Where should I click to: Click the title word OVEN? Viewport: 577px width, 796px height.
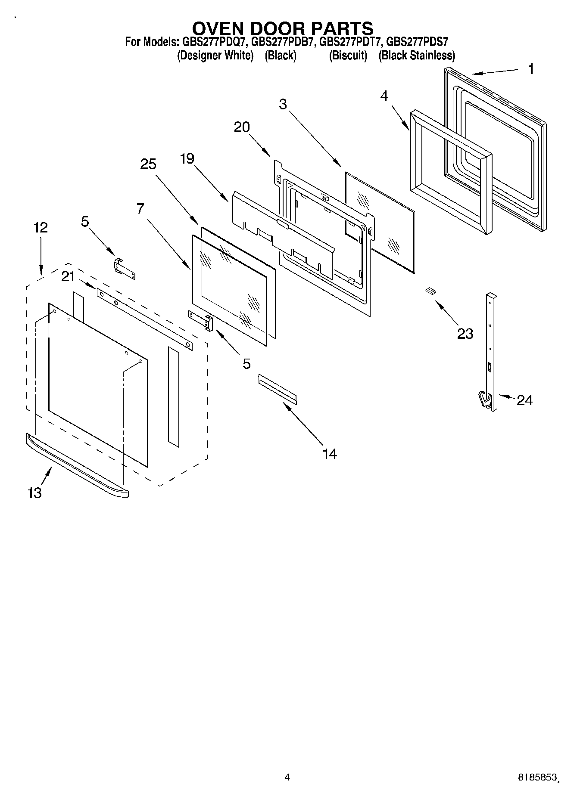click(220, 28)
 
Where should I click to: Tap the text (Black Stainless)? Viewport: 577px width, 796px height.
click(416, 56)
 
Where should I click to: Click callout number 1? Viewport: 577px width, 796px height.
click(531, 69)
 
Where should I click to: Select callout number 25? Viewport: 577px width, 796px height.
click(148, 164)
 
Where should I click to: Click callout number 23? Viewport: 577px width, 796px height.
click(465, 333)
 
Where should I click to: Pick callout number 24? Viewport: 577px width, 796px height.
click(524, 400)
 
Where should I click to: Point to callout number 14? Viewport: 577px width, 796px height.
click(330, 453)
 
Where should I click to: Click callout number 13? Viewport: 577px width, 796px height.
click(35, 492)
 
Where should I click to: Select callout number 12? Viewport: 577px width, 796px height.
click(41, 227)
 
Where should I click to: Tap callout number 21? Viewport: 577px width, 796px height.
click(68, 277)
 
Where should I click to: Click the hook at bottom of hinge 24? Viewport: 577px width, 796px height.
click(484, 400)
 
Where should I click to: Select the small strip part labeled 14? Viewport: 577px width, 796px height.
click(277, 389)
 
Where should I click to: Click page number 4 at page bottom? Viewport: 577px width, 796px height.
click(287, 777)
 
